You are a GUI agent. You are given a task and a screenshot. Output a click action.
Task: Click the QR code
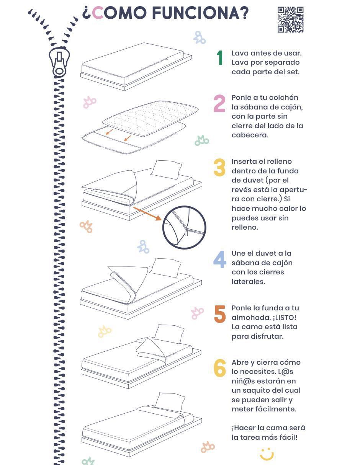[290, 20]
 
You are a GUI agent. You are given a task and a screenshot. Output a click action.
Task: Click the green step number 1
[220, 58]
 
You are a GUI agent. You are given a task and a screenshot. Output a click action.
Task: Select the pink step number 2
[219, 104]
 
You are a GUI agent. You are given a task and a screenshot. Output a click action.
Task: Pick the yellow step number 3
[219, 167]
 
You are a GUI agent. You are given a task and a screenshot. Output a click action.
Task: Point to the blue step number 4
[219, 259]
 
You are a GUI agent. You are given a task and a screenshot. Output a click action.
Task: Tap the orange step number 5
[220, 314]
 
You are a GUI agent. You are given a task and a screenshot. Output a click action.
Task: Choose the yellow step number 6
[220, 368]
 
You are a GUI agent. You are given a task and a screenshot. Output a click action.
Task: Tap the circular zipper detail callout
[184, 227]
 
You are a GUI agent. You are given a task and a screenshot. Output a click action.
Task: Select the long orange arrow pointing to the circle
[147, 213]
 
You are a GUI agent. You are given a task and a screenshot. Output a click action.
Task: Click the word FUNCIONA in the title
[201, 13]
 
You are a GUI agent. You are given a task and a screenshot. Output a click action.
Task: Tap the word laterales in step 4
[248, 282]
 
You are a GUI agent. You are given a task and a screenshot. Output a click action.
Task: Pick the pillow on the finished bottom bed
[170, 402]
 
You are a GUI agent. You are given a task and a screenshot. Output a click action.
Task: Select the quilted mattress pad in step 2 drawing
[150, 118]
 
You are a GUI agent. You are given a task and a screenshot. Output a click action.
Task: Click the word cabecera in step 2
[250, 135]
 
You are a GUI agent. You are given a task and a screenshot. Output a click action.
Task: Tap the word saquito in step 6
[257, 390]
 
